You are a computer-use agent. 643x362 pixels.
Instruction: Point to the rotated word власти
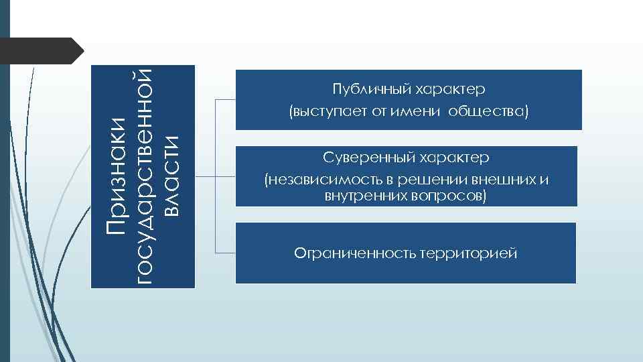172,176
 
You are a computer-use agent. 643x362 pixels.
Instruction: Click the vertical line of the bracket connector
216,176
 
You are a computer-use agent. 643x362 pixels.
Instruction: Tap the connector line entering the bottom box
225,253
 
